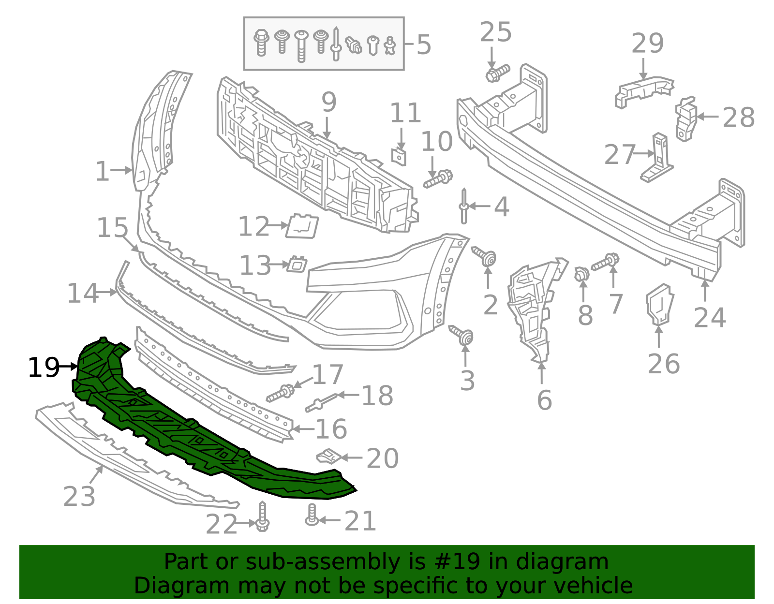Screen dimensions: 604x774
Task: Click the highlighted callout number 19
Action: pos(44,368)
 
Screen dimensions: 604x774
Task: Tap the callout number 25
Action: pos(495,33)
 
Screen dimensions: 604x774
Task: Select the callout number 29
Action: pos(647,44)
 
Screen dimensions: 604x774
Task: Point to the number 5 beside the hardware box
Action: pos(423,45)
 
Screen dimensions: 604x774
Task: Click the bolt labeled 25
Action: pos(497,73)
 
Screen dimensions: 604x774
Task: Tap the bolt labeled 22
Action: pos(262,517)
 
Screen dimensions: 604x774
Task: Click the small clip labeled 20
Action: pos(329,456)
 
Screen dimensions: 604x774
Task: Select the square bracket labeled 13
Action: pos(297,265)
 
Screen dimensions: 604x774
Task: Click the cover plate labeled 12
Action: pos(302,226)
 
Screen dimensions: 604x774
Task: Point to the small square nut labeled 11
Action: pos(399,156)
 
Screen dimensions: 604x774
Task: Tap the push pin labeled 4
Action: pos(464,206)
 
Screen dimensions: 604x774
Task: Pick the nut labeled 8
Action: pos(582,274)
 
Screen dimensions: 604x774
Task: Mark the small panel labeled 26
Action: pos(660,304)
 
